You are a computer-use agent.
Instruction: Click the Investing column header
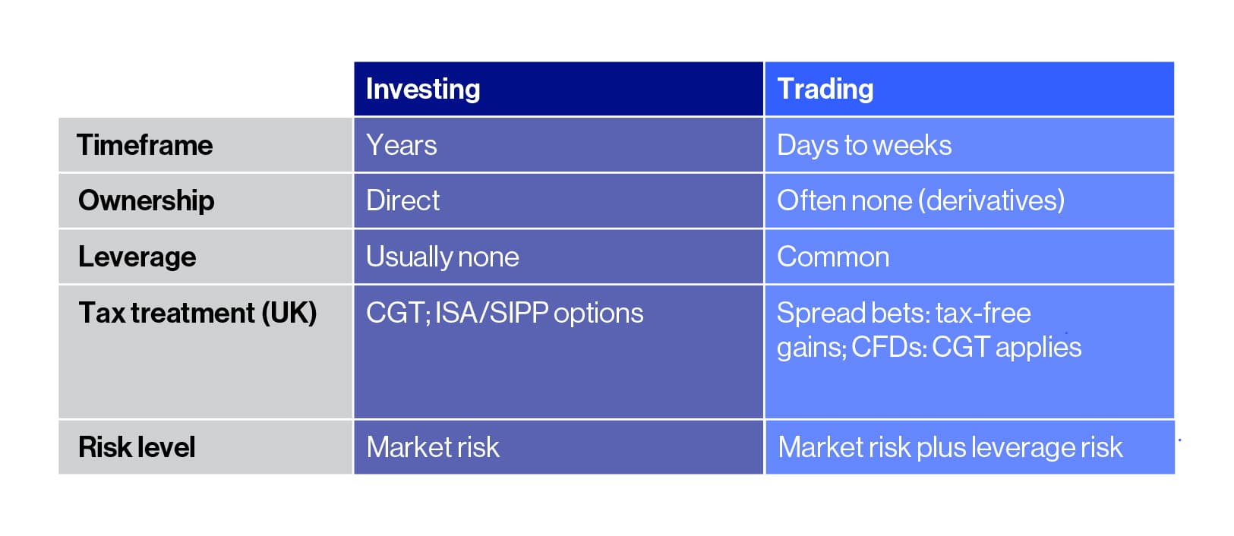point(423,90)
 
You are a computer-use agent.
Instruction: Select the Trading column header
point(825,90)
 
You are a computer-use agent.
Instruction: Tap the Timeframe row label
point(144,145)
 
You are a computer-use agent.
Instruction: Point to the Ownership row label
point(146,200)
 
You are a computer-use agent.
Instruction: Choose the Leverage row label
point(137,257)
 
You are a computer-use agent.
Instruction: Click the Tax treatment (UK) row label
point(197,313)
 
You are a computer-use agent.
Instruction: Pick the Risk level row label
point(137,447)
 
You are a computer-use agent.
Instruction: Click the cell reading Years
point(401,145)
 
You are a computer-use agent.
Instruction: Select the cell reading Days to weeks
point(864,145)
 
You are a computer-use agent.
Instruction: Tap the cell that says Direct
point(402,200)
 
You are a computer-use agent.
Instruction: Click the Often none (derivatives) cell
point(920,200)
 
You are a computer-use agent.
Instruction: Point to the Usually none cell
point(442,257)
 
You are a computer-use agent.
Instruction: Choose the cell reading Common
point(833,257)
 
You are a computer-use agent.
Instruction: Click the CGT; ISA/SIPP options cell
point(504,313)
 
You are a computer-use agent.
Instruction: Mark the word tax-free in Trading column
point(983,313)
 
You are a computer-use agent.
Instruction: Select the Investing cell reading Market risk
point(433,447)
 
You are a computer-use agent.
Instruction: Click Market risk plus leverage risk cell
point(950,447)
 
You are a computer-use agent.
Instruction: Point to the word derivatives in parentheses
point(991,200)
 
